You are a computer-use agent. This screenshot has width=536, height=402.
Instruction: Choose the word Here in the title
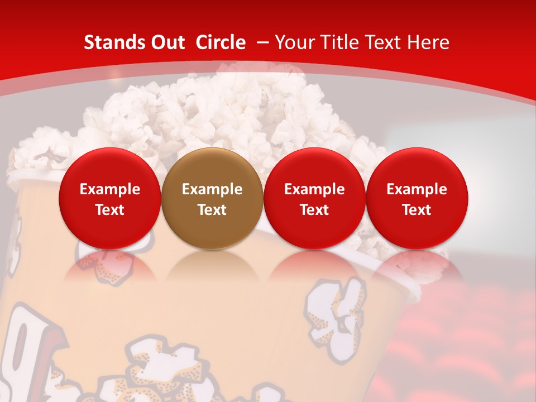[x=429, y=42]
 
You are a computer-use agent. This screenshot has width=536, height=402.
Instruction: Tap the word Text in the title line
[x=387, y=42]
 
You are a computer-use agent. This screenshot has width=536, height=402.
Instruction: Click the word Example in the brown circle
[x=212, y=189]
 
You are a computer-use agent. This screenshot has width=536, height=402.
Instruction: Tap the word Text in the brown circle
[x=212, y=210]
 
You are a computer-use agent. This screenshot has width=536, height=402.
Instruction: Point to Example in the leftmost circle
[x=110, y=189]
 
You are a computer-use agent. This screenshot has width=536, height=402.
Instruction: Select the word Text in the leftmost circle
[x=110, y=210]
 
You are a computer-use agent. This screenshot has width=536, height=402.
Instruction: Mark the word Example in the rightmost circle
[x=417, y=189]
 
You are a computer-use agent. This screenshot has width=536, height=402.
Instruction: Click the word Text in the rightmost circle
[x=417, y=210]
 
